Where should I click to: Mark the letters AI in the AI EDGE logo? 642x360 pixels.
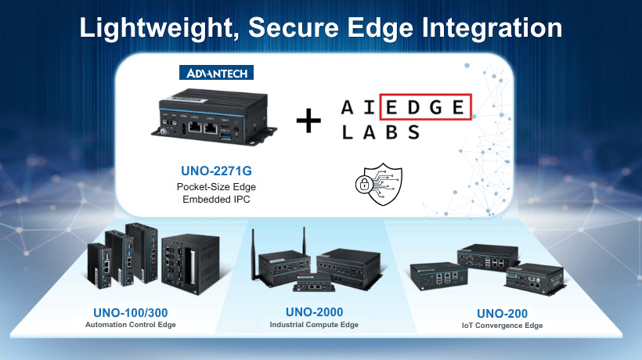[354, 107]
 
